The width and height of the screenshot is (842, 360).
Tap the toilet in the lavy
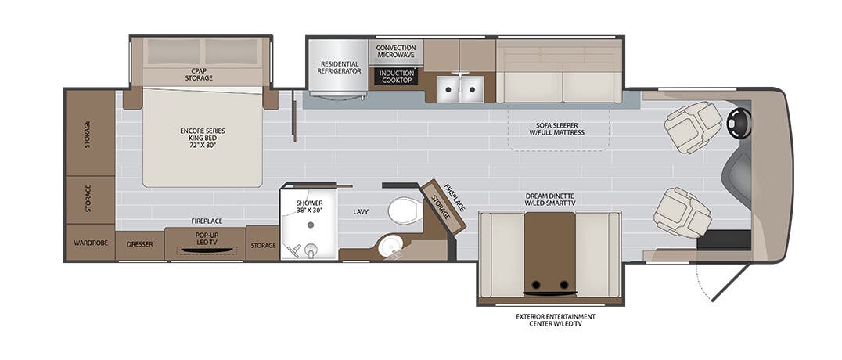(405, 211)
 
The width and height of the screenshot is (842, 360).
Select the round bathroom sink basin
(389, 247)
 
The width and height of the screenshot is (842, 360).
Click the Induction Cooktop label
(395, 76)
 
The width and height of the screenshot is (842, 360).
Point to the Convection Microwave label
(395, 50)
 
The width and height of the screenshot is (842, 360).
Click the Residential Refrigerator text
(338, 67)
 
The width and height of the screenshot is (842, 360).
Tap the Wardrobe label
(89, 244)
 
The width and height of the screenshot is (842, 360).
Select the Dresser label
(139, 245)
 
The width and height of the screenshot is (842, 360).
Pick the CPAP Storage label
(199, 74)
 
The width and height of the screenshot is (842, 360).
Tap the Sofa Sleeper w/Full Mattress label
(556, 128)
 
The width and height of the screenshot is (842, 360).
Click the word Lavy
(360, 211)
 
